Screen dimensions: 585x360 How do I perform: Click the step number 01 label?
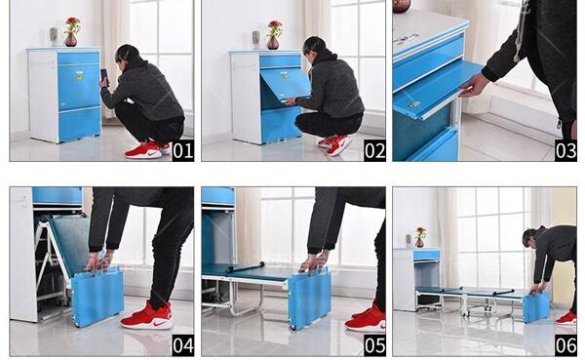(183, 150)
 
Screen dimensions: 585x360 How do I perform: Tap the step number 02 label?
(374, 150)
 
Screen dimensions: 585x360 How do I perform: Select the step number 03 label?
(565, 150)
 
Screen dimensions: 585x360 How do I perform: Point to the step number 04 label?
(183, 345)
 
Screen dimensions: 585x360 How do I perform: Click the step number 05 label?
(374, 345)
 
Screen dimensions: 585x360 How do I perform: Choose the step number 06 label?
(565, 345)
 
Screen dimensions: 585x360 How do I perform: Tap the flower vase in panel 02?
(273, 42)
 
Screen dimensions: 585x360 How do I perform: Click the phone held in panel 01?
(104, 76)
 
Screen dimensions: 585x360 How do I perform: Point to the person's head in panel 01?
(128, 56)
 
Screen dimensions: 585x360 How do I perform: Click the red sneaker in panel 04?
(147, 317)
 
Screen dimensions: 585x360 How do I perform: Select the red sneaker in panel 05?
(366, 318)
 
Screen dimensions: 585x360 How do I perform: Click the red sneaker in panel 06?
(565, 318)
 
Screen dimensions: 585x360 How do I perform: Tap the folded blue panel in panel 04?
(97, 296)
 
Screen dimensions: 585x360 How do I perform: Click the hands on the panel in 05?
(314, 262)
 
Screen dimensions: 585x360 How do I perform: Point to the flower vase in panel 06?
(419, 243)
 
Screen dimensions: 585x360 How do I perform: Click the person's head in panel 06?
(529, 238)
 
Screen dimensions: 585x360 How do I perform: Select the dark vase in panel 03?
(402, 6)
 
